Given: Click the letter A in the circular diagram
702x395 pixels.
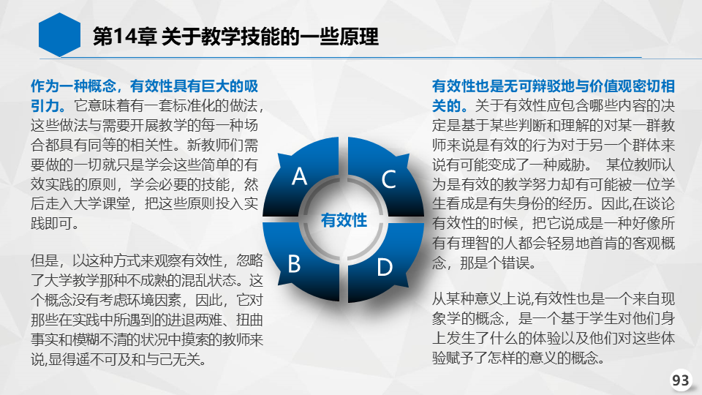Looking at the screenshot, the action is pos(300,176).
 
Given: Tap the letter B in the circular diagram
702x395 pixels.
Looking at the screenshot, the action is pos(294,263).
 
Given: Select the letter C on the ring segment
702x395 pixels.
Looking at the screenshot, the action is pos(388,179).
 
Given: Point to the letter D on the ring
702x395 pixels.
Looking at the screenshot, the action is pos(385,268).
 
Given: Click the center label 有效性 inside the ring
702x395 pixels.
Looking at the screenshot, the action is pos(344,220).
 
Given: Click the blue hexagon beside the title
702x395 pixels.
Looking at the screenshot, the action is pos(59,35).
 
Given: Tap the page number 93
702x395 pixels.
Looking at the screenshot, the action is pos(681,380).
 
